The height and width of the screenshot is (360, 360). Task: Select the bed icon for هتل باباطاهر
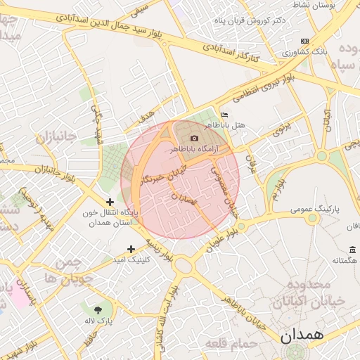[224, 115]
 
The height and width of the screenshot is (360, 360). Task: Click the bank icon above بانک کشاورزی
[304, 41]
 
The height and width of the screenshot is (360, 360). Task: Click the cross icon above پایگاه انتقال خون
[110, 202]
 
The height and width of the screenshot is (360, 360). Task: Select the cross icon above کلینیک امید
[131, 249]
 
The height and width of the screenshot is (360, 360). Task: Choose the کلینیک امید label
[131, 259]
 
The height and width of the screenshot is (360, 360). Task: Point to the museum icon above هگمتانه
[352, 250]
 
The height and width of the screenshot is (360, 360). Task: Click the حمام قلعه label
[228, 343]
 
